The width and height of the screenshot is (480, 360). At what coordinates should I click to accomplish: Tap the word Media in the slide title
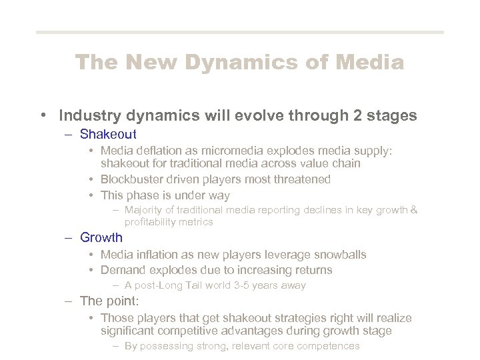click(370, 63)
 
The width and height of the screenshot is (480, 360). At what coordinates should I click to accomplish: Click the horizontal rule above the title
click(239, 32)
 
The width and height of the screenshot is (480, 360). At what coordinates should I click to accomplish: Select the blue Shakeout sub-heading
click(108, 135)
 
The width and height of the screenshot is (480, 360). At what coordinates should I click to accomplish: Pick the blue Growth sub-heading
click(101, 237)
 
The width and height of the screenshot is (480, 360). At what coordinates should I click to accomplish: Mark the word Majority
click(145, 210)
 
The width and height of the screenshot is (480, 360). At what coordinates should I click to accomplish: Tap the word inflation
click(157, 255)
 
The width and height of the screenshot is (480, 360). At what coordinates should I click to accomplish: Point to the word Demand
click(123, 270)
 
